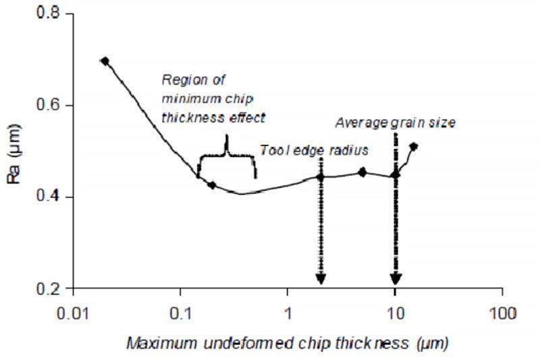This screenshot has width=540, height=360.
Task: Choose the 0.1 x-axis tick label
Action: (x=180, y=313)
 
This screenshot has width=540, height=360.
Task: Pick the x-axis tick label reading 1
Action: (x=288, y=313)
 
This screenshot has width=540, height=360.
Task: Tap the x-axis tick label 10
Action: (x=395, y=313)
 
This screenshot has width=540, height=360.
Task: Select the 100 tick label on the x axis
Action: (x=502, y=313)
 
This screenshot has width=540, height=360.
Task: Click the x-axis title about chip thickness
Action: (x=286, y=342)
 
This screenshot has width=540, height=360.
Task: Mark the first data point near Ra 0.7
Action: (x=105, y=61)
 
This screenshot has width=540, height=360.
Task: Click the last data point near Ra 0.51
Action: (x=414, y=146)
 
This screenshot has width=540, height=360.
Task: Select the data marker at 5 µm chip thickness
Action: (x=362, y=172)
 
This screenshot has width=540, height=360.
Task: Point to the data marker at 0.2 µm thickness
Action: (x=212, y=184)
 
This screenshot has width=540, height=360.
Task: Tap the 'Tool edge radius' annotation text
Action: (x=315, y=150)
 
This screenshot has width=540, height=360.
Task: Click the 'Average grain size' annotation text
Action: (x=396, y=123)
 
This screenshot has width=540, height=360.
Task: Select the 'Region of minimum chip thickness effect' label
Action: (x=213, y=99)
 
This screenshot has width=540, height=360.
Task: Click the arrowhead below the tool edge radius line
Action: (x=321, y=279)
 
